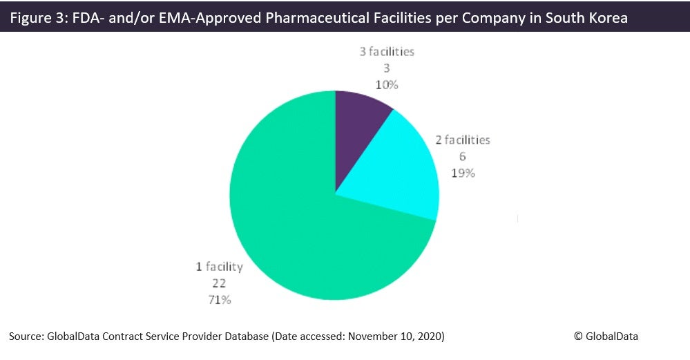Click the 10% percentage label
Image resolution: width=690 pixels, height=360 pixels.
[387, 85]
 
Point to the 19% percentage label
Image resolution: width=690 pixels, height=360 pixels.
[463, 173]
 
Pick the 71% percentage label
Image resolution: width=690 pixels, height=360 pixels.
[220, 300]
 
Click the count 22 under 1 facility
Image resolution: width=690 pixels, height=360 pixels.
[219, 283]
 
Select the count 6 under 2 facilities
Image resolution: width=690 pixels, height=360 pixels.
[463, 157]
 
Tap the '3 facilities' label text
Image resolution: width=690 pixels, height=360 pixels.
[387, 52]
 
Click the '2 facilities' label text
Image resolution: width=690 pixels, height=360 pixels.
[463, 140]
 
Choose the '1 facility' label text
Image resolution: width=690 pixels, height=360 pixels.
[220, 267]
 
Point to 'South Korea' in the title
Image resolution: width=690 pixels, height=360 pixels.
[586, 17]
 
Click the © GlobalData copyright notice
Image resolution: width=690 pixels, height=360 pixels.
[606, 337]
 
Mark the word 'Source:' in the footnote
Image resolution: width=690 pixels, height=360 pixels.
[26, 337]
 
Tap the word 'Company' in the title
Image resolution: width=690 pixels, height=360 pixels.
[493, 17]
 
